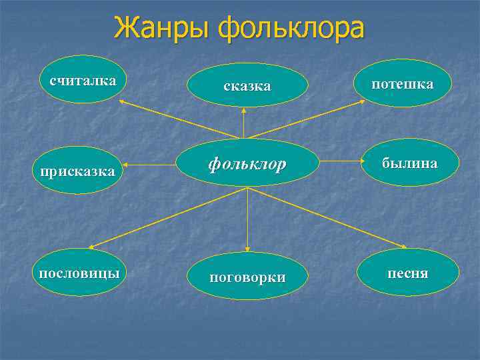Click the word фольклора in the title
[x=292, y=29]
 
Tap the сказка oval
[x=247, y=85]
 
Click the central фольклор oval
[x=247, y=163]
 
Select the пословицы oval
[x=79, y=273]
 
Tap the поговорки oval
[x=247, y=277]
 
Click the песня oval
[x=409, y=273]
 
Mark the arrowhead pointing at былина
[x=358, y=161]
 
